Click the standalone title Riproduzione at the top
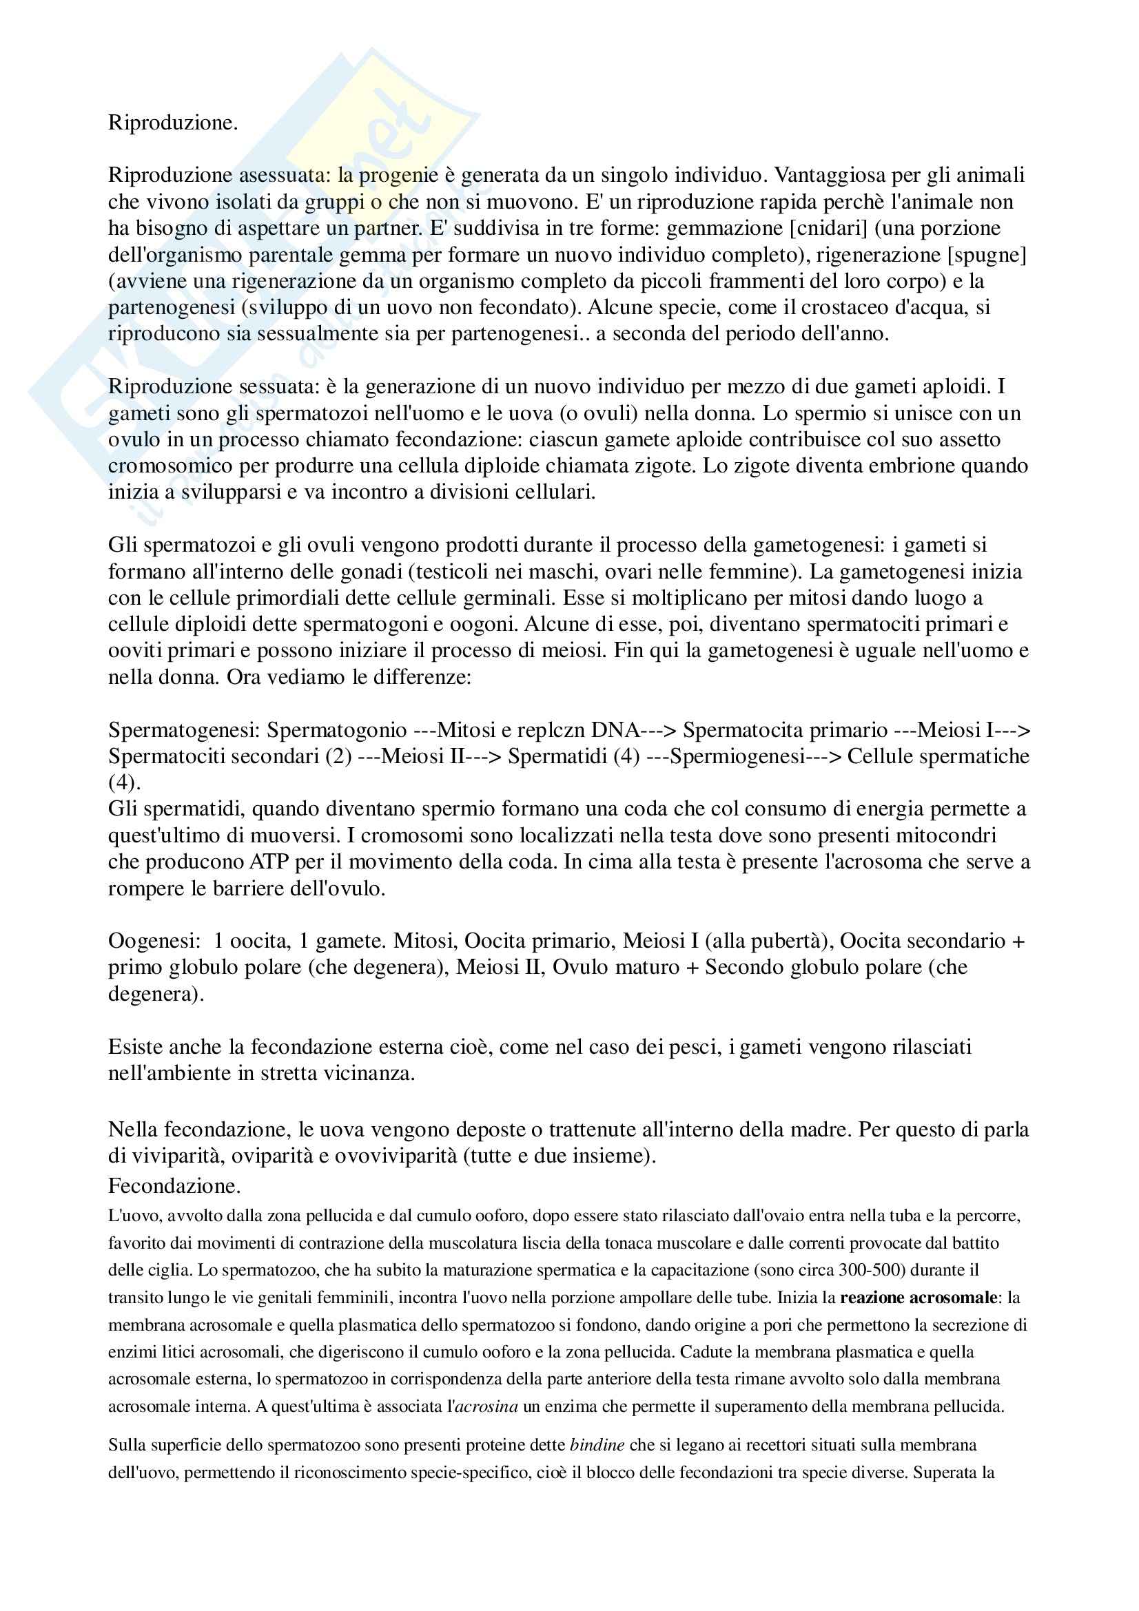173,123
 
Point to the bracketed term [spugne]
987,254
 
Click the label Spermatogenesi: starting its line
184,729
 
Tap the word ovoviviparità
396,1156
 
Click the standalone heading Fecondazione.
174,1186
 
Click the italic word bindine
597,1446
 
